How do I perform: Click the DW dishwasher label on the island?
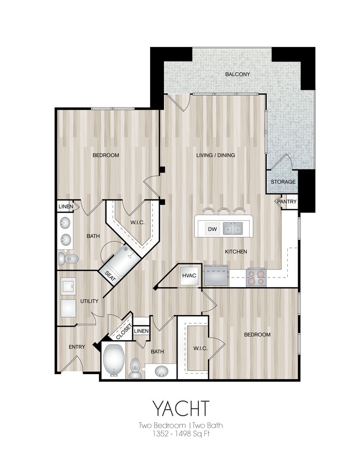click(x=211, y=229)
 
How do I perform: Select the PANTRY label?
click(x=287, y=202)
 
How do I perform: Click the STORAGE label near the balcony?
click(x=283, y=182)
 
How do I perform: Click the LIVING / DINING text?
click(x=215, y=155)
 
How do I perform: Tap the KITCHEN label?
click(x=236, y=252)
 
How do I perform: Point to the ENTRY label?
click(x=76, y=347)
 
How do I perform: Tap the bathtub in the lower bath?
click(x=114, y=360)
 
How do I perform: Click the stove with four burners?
click(x=256, y=276)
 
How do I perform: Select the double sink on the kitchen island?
click(x=233, y=229)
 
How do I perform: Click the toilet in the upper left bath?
click(x=68, y=259)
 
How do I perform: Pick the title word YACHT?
click(x=180, y=408)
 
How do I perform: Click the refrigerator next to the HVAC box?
click(x=216, y=276)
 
